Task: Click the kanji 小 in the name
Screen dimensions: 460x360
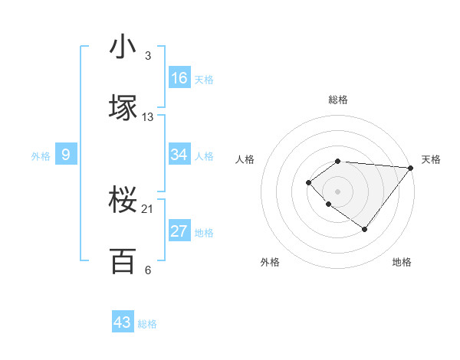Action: [123, 47]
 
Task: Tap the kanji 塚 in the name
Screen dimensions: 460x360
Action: [123, 108]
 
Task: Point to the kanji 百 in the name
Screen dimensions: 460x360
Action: [123, 261]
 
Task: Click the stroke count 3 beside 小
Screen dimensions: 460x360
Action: [147, 56]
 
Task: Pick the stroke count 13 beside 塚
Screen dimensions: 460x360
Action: [148, 117]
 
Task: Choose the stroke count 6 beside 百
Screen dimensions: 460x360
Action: [147, 270]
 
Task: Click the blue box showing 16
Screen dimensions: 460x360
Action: [179, 78]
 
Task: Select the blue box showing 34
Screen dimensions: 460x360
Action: [179, 155]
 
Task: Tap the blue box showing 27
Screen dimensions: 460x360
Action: [179, 231]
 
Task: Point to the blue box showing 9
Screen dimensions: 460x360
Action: [66, 155]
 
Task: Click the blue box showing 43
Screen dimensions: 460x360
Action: [123, 322]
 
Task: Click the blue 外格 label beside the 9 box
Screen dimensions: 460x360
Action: [41, 156]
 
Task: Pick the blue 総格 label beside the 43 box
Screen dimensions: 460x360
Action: [147, 324]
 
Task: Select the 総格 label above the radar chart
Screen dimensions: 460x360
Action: [338, 100]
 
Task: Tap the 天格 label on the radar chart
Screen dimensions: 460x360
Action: [431, 159]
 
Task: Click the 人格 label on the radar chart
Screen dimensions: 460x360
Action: [245, 159]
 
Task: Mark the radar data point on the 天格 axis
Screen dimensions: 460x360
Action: [411, 167]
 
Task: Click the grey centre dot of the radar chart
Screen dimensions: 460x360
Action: [338, 191]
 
